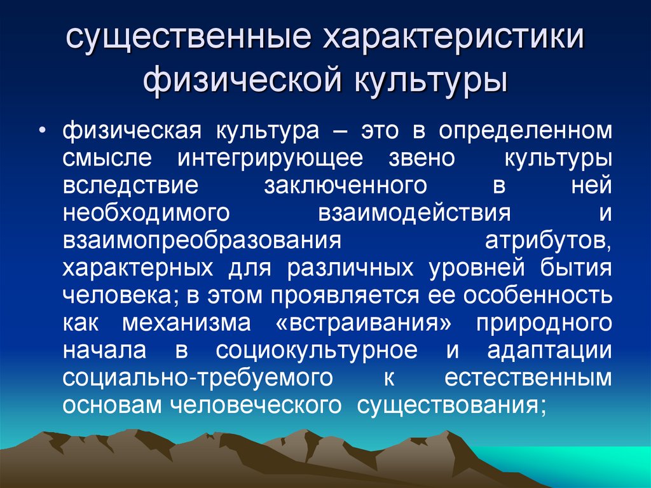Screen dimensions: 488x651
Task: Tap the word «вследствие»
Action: pos(131,186)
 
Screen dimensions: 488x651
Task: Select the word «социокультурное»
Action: pos(317,351)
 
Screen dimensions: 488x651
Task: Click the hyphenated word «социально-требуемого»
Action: pos(198,378)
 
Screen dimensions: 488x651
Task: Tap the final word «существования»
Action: pos(451,405)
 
